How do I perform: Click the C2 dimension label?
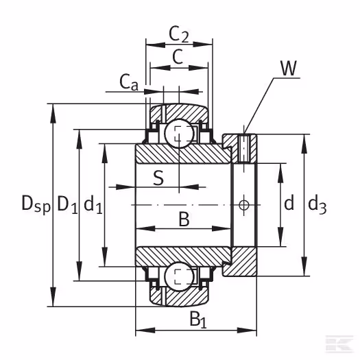178,34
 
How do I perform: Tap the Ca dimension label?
129,82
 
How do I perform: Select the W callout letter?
289,68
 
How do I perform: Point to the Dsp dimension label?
36,204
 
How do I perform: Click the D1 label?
67,204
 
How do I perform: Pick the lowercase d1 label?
93,204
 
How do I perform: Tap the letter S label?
158,178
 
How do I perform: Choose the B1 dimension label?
198,320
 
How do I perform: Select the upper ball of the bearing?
180,134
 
